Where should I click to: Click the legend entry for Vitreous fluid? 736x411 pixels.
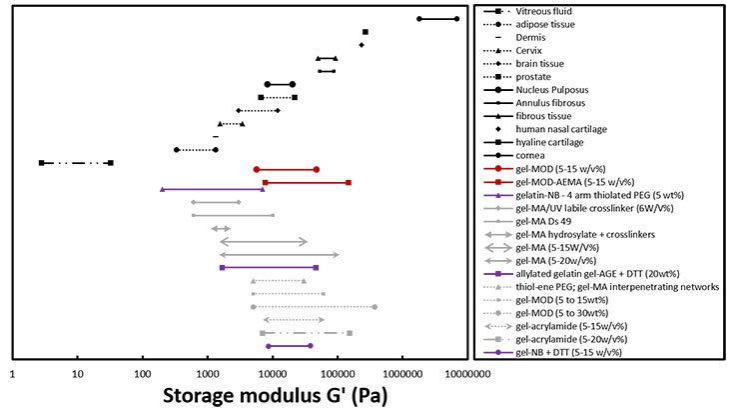[x=545, y=11]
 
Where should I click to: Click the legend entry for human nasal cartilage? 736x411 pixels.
[x=566, y=129]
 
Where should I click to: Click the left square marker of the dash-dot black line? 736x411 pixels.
[x=41, y=162]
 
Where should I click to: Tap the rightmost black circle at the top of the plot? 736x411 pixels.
[x=457, y=19]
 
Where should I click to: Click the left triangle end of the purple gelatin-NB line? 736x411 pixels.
[x=162, y=189]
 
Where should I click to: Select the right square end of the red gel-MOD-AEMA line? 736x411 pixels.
[x=349, y=182]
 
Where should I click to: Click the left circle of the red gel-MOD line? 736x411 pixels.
[x=257, y=170]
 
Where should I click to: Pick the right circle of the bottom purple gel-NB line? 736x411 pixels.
[x=311, y=346]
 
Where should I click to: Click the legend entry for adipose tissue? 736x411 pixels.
[x=548, y=24]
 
